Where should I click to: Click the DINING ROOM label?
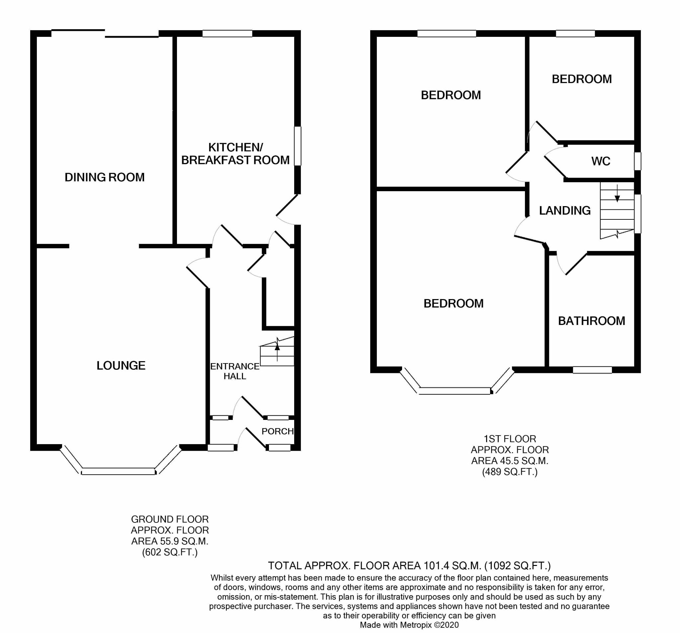104,177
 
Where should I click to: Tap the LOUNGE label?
121,365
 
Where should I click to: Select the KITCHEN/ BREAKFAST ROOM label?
235,154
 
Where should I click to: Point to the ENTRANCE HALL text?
235,371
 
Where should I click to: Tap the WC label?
601,161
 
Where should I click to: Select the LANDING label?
565,210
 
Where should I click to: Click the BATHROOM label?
591,321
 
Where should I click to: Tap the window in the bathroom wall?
592,370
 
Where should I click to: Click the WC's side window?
637,161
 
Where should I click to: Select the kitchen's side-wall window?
297,146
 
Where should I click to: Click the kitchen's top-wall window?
227,34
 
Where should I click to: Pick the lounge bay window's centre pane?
118,471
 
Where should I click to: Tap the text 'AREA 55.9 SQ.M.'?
170,541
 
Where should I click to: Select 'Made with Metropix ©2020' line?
409,625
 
